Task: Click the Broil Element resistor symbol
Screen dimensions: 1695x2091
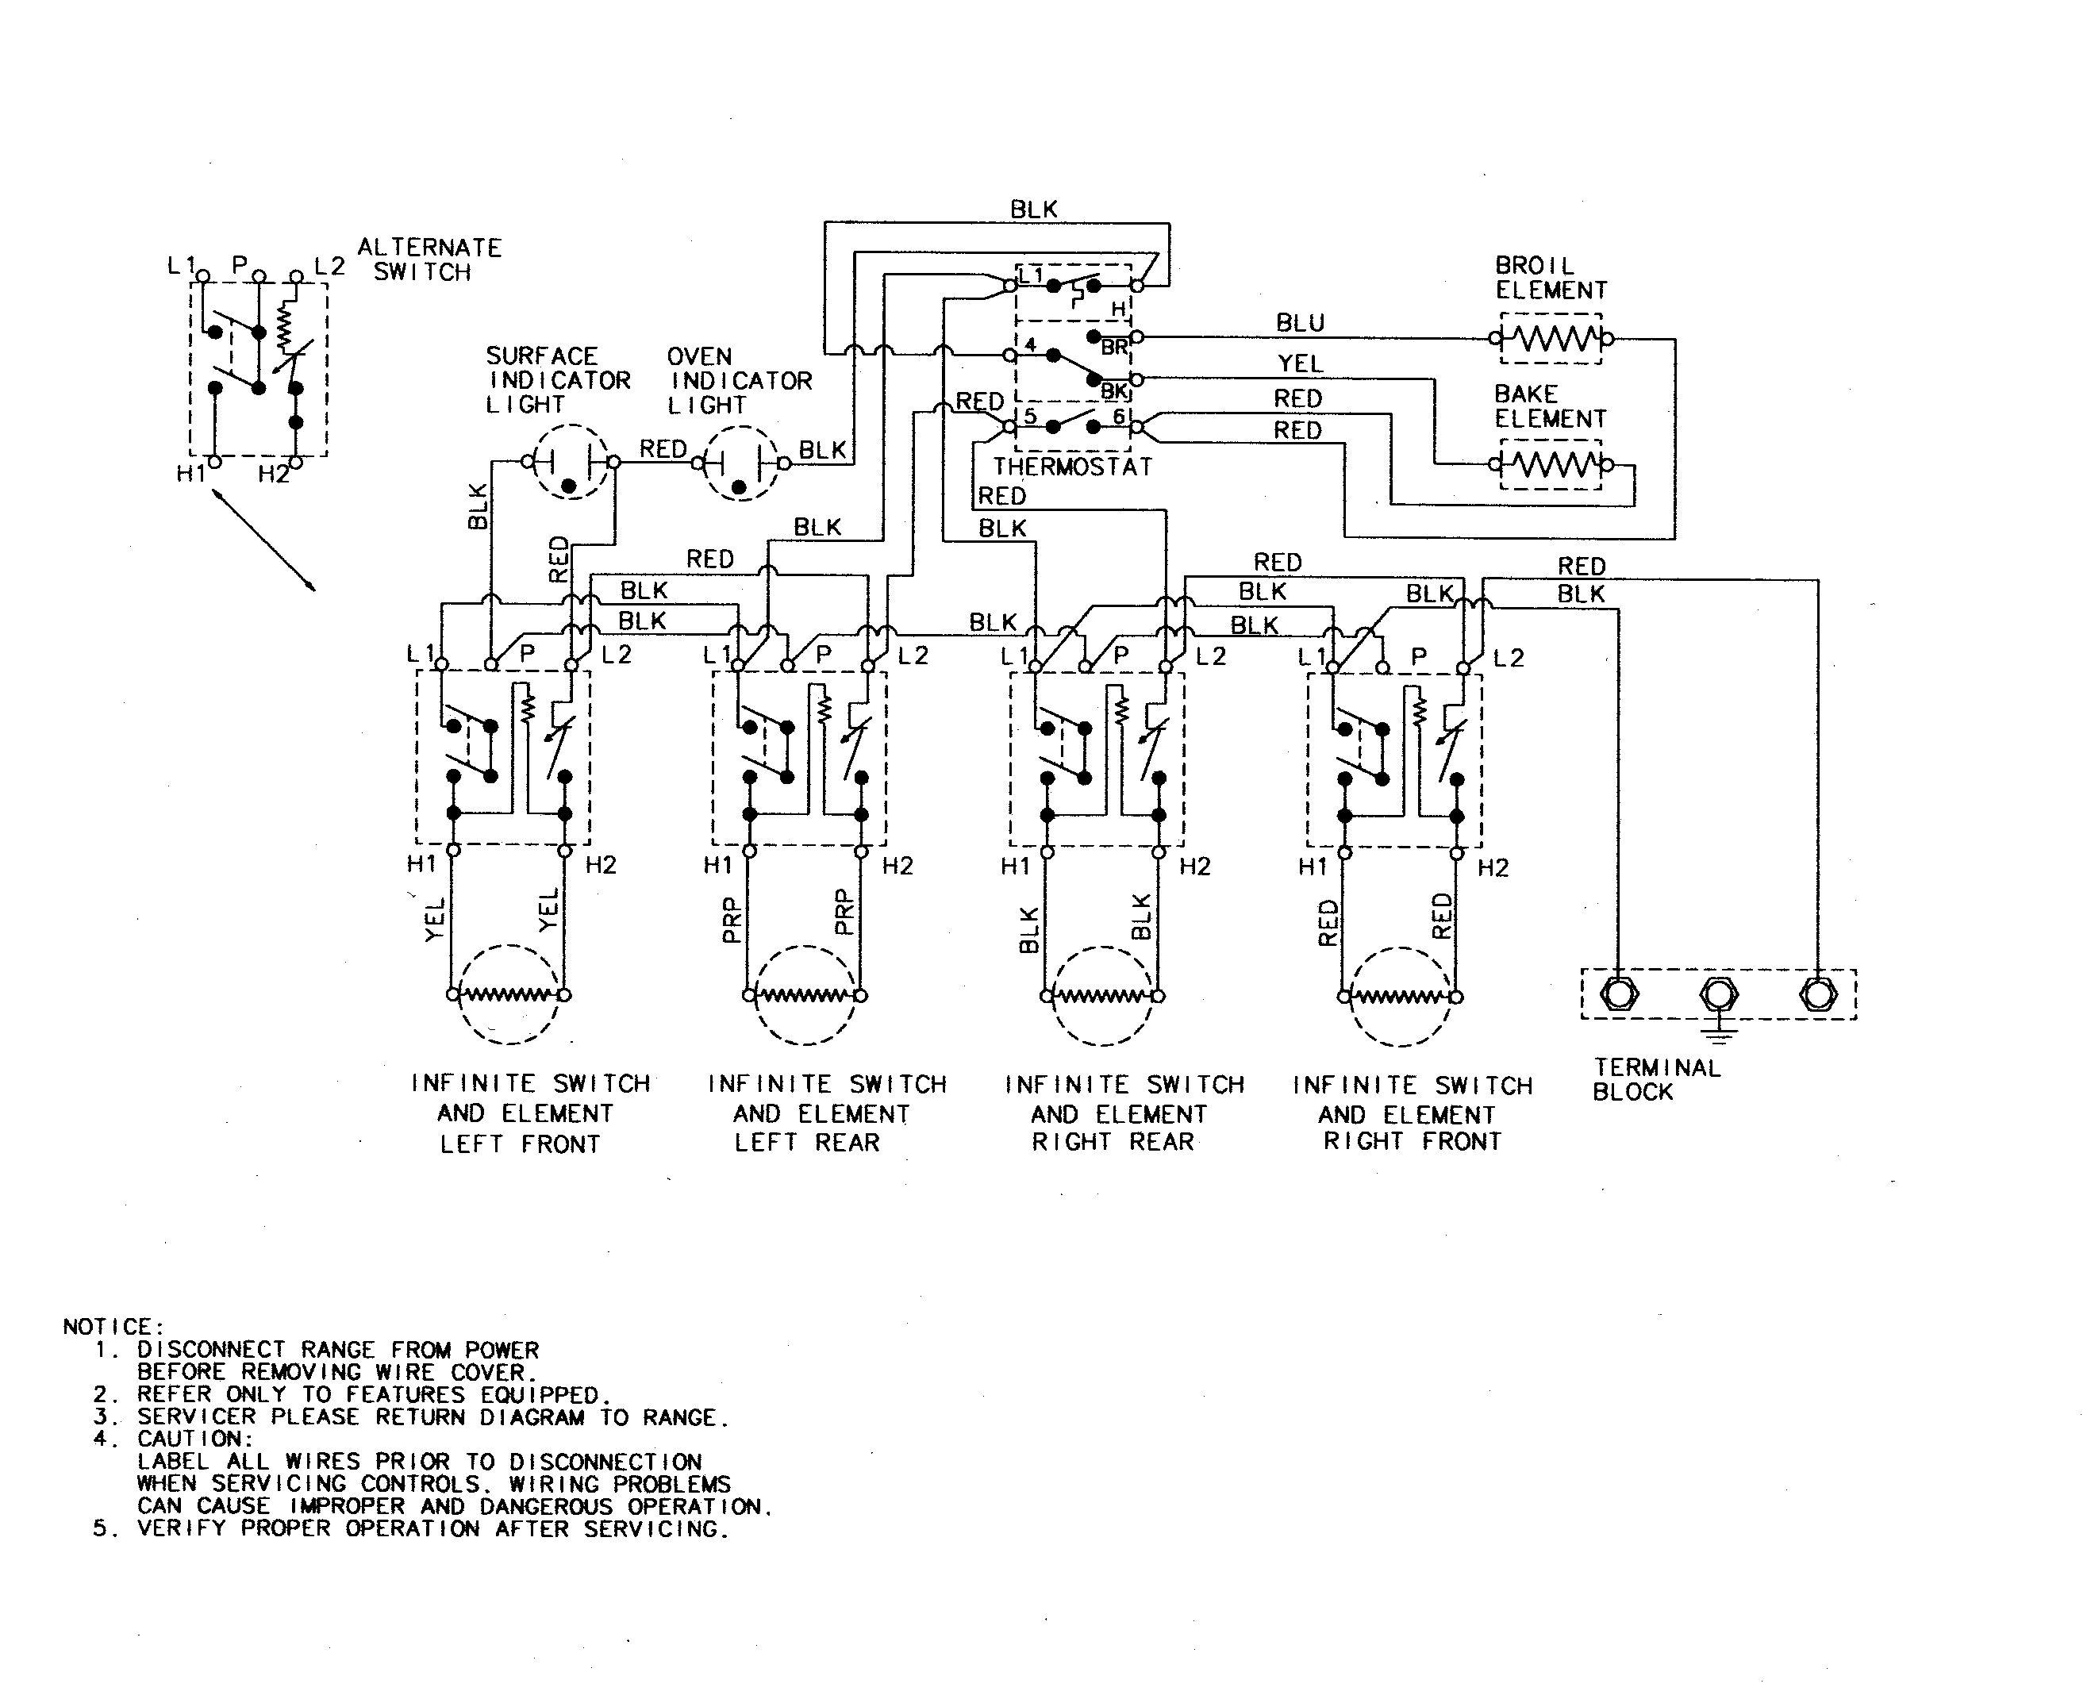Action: tap(1550, 339)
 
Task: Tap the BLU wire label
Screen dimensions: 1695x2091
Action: tap(1299, 323)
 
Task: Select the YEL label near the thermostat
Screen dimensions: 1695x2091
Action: tap(1301, 364)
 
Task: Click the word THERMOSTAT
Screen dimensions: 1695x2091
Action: tap(1073, 467)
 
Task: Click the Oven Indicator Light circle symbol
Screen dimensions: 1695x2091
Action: tap(742, 463)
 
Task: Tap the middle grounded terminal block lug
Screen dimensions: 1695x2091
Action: tap(1718, 995)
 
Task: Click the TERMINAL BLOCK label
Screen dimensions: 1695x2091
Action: tap(1657, 1080)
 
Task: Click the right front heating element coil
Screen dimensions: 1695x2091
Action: tap(1400, 997)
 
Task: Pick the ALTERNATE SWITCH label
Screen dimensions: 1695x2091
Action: tap(429, 259)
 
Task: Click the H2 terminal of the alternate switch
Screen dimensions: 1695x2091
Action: tap(296, 463)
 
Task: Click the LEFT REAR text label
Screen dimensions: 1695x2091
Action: tap(806, 1143)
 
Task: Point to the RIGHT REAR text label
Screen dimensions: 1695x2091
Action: tap(1113, 1143)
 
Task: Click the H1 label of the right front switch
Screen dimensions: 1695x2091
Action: tap(1313, 867)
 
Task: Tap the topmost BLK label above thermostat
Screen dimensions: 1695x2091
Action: tap(1033, 209)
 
